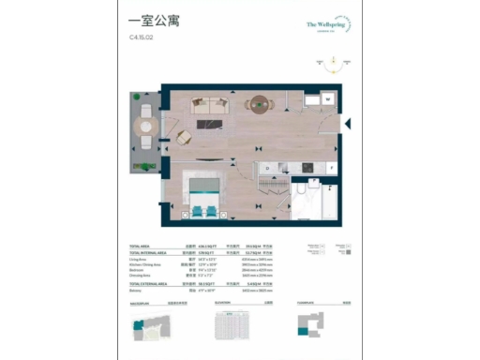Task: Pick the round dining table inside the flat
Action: pyautogui.click(x=255, y=104)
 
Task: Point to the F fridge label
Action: pyautogui.click(x=331, y=170)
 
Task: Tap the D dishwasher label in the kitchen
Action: pyautogui.click(x=266, y=170)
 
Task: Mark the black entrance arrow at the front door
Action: pyautogui.click(x=347, y=122)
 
